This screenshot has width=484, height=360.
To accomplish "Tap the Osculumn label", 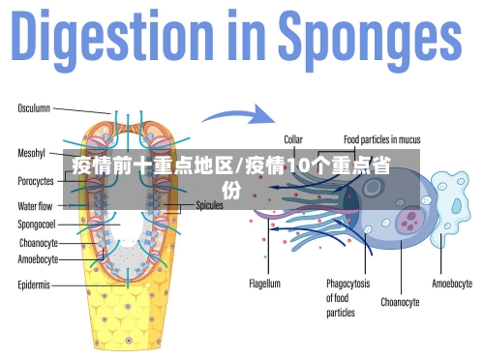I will [34, 107].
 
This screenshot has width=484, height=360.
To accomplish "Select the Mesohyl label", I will [32, 153].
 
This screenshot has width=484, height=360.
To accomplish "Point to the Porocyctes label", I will [36, 181].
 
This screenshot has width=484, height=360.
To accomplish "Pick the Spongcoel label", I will [37, 225].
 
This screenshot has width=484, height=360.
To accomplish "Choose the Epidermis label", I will [34, 285].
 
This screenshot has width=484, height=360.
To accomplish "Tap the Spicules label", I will [210, 205].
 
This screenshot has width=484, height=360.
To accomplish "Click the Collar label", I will [292, 138].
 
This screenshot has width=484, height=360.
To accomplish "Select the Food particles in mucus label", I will [380, 138].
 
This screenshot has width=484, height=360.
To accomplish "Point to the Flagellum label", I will [264, 285].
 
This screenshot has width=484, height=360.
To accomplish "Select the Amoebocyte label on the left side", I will [38, 259].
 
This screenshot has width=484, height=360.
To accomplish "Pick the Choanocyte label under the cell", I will [400, 302].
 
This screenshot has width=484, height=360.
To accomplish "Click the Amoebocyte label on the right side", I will [451, 285].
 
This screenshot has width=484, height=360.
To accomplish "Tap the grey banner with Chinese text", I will [242, 180].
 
